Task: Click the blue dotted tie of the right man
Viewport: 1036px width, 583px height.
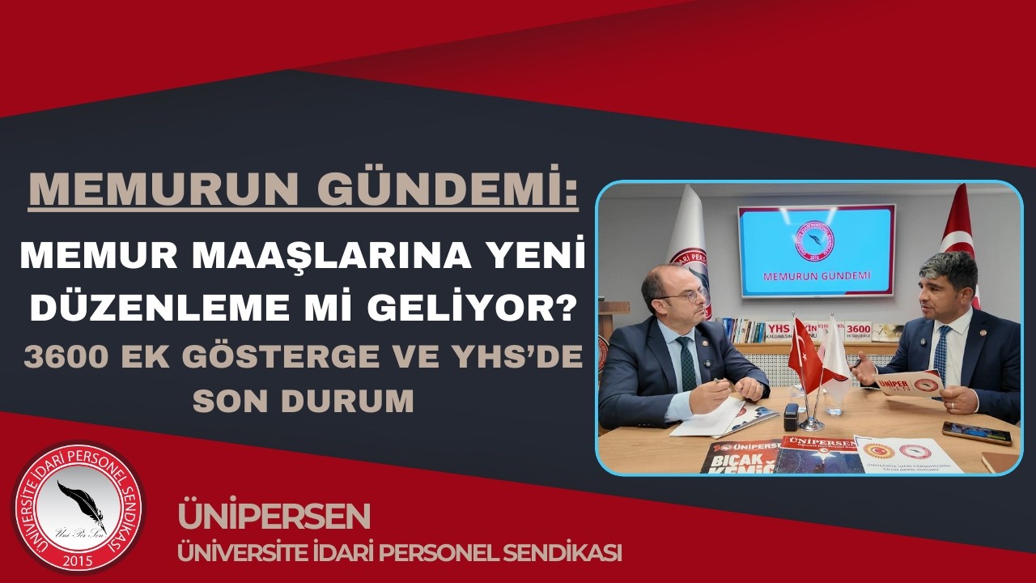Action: tap(941, 354)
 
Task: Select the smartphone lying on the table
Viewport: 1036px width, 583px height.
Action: tap(976, 433)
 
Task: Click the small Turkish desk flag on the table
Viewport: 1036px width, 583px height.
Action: tap(805, 354)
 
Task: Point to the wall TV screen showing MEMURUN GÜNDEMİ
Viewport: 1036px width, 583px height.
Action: tap(815, 250)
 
